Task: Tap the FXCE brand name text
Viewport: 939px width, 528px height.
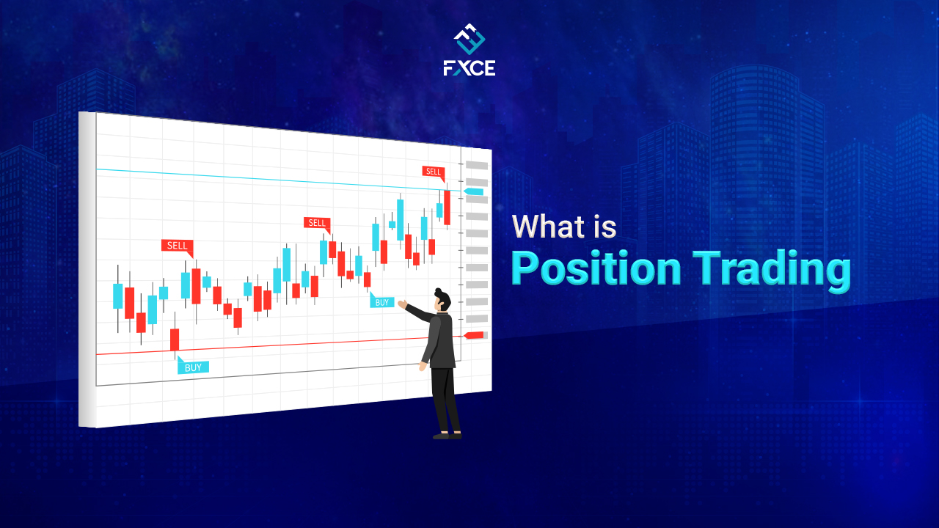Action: pyautogui.click(x=469, y=68)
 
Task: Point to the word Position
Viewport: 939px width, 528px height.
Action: pyautogui.click(x=596, y=268)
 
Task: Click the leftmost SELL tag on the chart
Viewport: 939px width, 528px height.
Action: pyautogui.click(x=177, y=246)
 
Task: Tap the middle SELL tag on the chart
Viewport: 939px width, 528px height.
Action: pyautogui.click(x=316, y=223)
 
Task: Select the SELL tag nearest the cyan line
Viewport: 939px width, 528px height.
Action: pyautogui.click(x=433, y=172)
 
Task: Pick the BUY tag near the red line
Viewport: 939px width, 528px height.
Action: pyautogui.click(x=193, y=367)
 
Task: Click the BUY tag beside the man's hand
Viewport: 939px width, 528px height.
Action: pyautogui.click(x=381, y=302)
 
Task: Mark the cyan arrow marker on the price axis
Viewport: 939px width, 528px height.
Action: pyautogui.click(x=474, y=191)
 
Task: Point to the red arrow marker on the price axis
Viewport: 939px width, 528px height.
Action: pyautogui.click(x=474, y=335)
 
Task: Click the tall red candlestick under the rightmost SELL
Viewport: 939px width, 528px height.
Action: pyautogui.click(x=447, y=208)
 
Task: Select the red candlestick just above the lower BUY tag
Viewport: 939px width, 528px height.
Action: pyautogui.click(x=175, y=340)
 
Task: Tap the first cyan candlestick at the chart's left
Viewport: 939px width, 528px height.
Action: pyautogui.click(x=117, y=296)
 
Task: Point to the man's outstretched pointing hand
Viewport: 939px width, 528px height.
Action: pyautogui.click(x=402, y=303)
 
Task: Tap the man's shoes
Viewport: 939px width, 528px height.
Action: pyautogui.click(x=447, y=435)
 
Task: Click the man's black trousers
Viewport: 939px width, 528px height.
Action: pyautogui.click(x=444, y=396)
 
